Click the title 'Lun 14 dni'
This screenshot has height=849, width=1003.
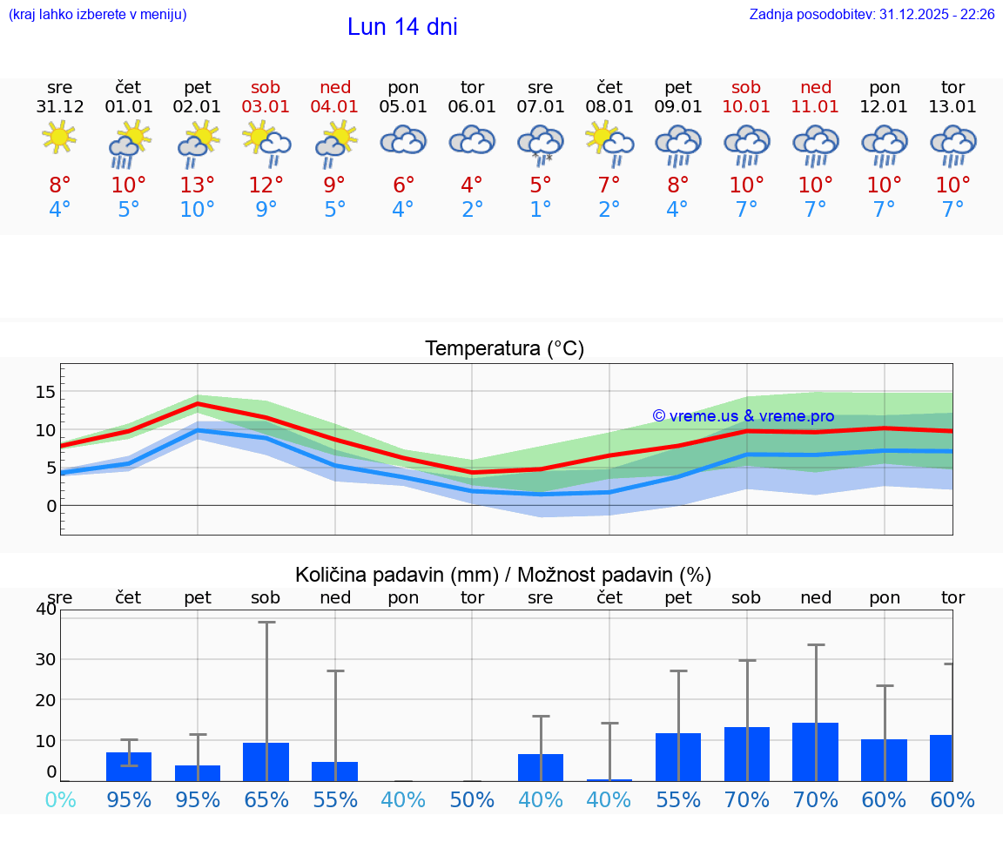[x=402, y=27]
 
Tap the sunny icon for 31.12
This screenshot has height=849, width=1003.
[x=59, y=138]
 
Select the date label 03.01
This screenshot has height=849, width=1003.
[x=266, y=107]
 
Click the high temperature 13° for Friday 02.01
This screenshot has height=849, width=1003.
[x=198, y=185]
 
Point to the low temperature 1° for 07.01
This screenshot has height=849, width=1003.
[x=541, y=210]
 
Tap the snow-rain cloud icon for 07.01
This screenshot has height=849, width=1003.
[x=541, y=144]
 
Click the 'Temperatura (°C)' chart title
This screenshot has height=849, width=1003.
[x=504, y=349]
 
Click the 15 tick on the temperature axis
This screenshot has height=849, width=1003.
[x=45, y=392]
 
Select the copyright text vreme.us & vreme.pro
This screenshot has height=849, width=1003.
[x=743, y=416]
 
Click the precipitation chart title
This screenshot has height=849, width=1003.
[x=503, y=575]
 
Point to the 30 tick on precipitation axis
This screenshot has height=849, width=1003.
[x=45, y=659]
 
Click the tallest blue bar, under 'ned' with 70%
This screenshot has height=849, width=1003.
[x=815, y=751]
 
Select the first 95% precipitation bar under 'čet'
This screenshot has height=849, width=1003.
[x=129, y=766]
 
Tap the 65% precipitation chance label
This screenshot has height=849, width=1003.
[x=266, y=800]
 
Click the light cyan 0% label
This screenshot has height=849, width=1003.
[x=60, y=800]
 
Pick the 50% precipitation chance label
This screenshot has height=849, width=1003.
[x=472, y=800]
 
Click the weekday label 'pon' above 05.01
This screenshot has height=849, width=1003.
[x=403, y=87]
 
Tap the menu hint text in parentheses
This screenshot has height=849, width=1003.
[x=98, y=15]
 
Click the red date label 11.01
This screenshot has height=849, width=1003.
[x=815, y=107]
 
